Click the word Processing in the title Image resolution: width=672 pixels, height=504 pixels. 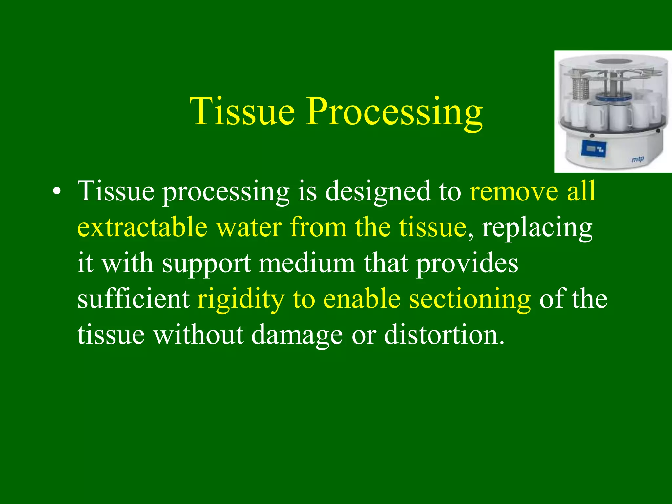(x=394, y=112)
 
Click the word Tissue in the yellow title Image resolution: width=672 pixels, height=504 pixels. (x=242, y=112)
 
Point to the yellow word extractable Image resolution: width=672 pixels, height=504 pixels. (x=142, y=227)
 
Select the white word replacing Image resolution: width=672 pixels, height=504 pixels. (x=537, y=228)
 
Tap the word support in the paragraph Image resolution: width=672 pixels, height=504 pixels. (x=207, y=263)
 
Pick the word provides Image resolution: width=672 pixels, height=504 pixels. (x=467, y=263)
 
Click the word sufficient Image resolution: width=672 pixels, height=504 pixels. (x=133, y=299)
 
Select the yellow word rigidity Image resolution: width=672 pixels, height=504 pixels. (x=241, y=300)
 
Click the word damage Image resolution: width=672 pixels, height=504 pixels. (x=297, y=335)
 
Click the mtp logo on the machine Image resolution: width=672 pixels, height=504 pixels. (x=638, y=159)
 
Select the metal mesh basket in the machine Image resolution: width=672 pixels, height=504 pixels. (x=580, y=88)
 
